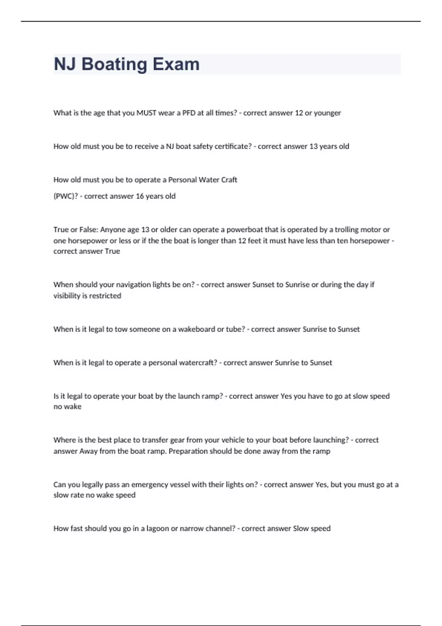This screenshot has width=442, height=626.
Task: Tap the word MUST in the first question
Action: pos(146,113)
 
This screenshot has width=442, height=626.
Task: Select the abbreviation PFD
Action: pos(189,113)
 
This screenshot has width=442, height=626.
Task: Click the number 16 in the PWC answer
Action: pos(140,196)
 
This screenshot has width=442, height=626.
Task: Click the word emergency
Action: pos(149,485)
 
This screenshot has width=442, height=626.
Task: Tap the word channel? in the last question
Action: pos(220,528)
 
